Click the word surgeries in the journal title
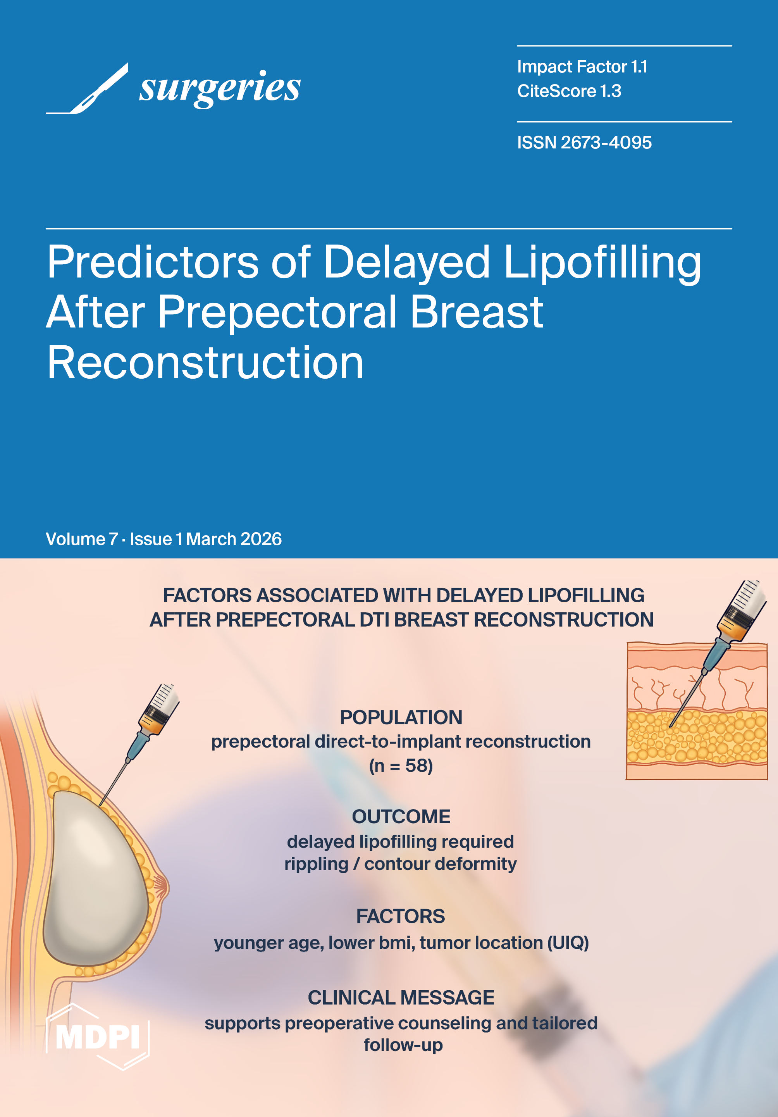coord(220,88)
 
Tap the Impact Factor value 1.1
coord(639,67)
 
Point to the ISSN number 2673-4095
coord(606,143)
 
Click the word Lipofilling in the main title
coord(602,263)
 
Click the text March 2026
coord(234,539)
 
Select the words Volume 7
coord(82,539)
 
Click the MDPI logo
coord(98,1037)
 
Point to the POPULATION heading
coord(401,717)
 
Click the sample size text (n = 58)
coord(401,766)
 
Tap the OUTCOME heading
coord(401,816)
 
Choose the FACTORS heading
coord(401,916)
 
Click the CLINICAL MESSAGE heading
coord(401,997)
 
